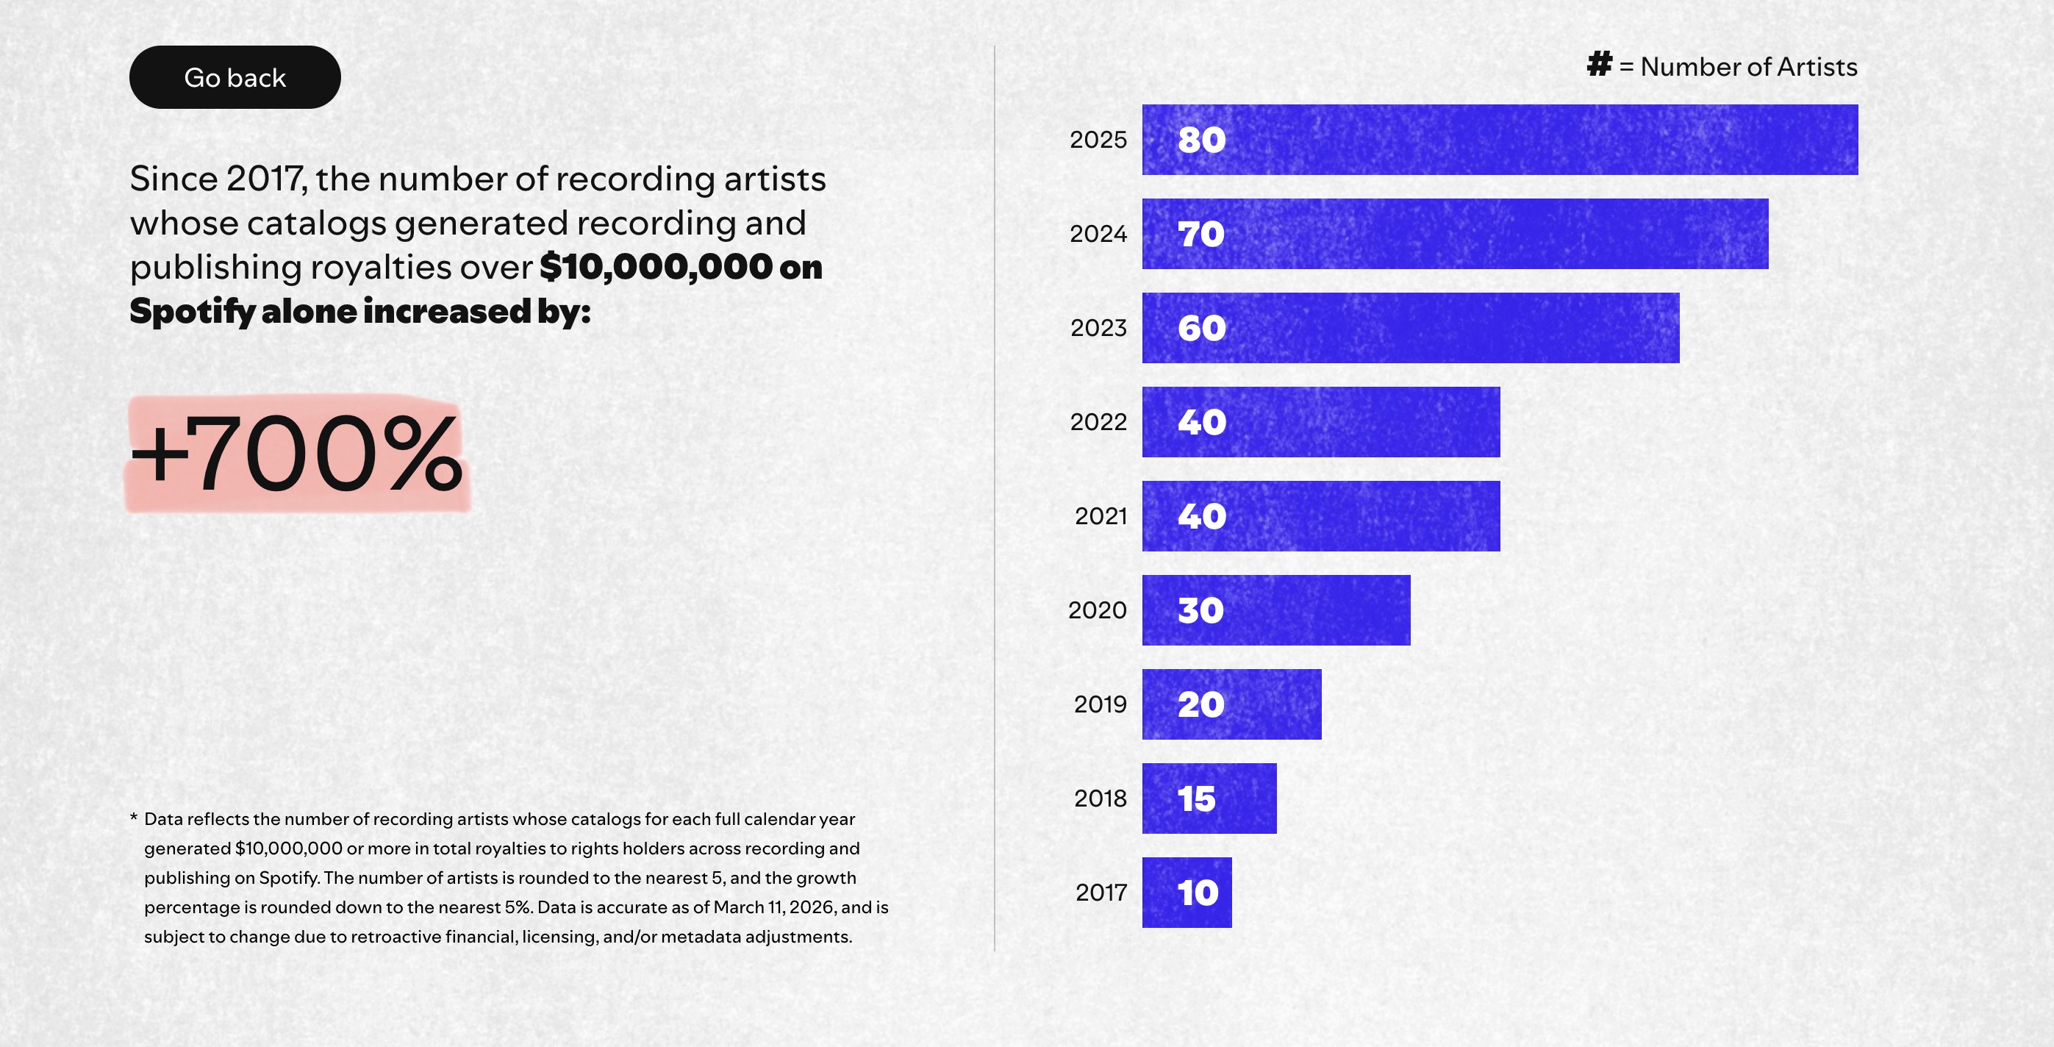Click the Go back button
point(235,77)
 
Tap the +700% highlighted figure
point(296,454)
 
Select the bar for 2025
point(1499,140)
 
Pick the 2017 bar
point(1187,893)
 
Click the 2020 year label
point(1097,610)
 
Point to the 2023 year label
point(1098,328)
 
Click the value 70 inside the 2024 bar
point(1200,234)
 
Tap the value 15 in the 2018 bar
point(1197,798)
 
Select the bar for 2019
point(1231,704)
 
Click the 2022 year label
point(1098,422)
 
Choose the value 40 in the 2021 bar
point(1202,516)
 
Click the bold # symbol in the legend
point(1600,64)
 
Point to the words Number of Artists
point(1749,67)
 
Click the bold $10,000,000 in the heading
point(656,266)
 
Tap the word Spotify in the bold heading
point(192,311)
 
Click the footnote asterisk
point(134,818)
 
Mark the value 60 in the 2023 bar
point(1202,328)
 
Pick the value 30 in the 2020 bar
point(1200,610)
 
